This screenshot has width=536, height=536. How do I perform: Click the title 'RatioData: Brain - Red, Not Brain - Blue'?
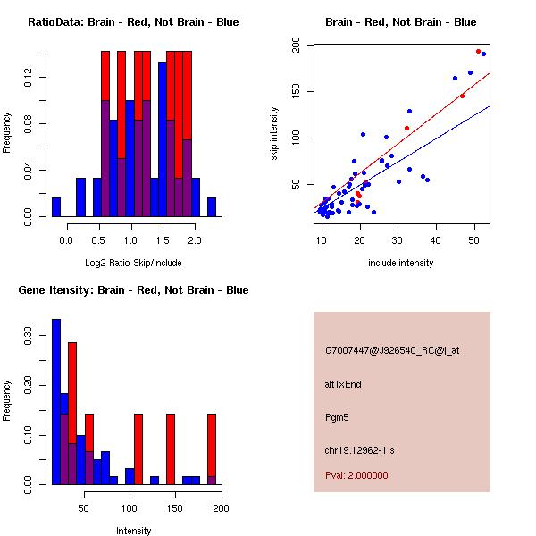point(133,22)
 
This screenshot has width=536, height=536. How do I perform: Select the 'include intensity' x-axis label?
point(401,263)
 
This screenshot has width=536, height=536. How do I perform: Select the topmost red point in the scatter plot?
point(479,52)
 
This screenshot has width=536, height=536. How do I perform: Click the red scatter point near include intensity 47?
point(462,96)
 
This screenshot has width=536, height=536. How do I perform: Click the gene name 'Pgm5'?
point(337,417)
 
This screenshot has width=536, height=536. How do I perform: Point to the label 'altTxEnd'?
point(343,384)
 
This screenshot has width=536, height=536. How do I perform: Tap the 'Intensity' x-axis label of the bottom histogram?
point(133,531)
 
